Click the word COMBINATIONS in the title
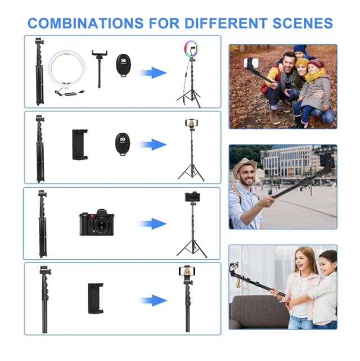(85, 23)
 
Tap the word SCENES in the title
(303, 23)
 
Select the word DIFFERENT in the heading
(226, 23)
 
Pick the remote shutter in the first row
(123, 65)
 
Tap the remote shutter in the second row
(123, 144)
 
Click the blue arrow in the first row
(152, 73)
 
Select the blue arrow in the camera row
(152, 224)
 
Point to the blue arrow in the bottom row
(152, 300)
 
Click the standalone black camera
(97, 223)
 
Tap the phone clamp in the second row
(80, 145)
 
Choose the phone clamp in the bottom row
(96, 299)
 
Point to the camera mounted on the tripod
(192, 197)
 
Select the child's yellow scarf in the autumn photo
(314, 75)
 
